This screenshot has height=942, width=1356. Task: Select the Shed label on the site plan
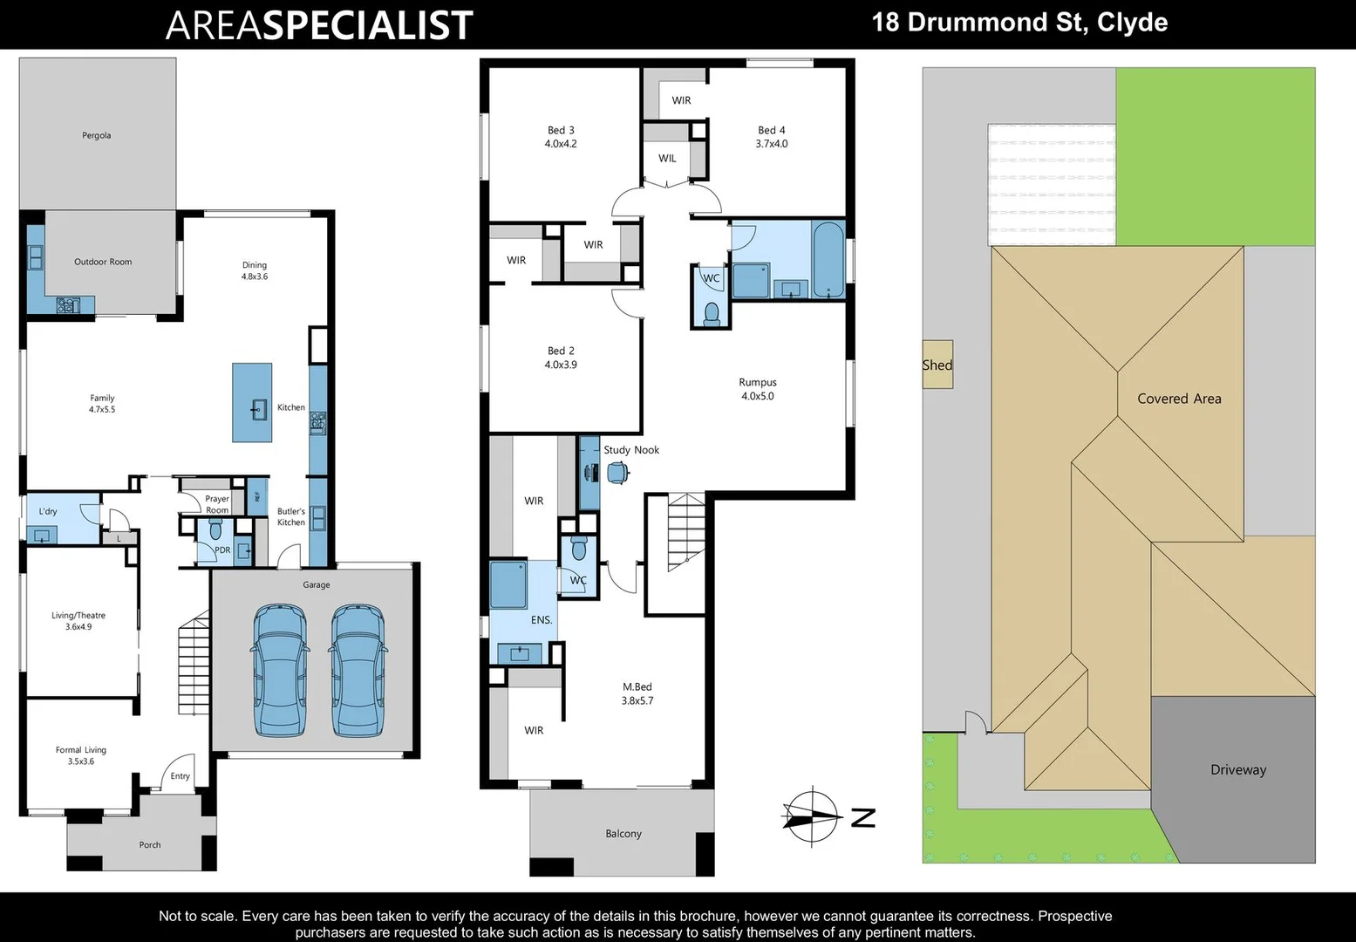click(937, 365)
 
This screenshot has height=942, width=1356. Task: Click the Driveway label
click(1237, 769)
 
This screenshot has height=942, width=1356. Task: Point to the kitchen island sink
click(258, 408)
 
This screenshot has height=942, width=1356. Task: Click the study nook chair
click(618, 473)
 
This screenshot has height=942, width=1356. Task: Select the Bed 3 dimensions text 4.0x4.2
click(561, 144)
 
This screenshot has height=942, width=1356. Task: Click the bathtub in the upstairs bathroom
click(828, 259)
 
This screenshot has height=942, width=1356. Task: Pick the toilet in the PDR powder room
click(216, 529)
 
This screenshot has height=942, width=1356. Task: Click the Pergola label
click(97, 135)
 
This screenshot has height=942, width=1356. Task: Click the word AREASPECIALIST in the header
click(319, 25)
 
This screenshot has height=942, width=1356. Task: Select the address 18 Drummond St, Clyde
click(1019, 22)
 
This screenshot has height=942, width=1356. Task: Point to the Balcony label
click(623, 834)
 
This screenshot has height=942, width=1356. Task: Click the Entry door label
click(180, 775)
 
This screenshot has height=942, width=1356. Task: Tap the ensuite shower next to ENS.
click(508, 584)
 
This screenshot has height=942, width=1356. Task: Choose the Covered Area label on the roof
click(1179, 399)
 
